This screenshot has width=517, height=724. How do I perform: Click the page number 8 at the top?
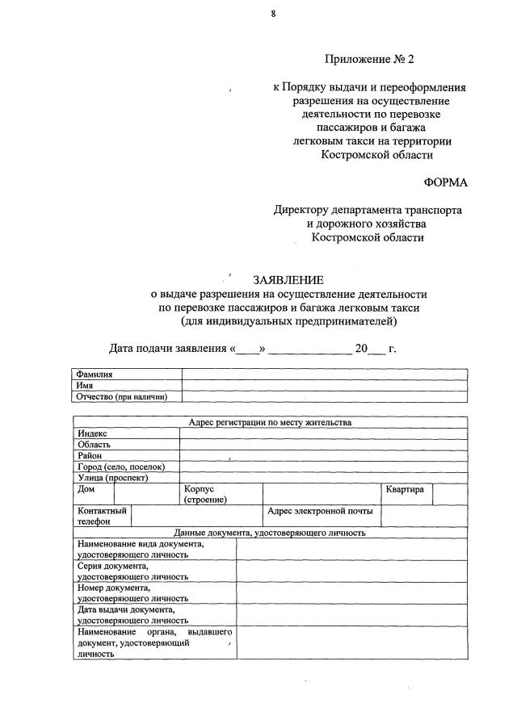[x=274, y=14]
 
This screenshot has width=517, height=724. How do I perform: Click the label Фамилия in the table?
[x=95, y=375]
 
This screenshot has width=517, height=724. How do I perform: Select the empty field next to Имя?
[x=324, y=386]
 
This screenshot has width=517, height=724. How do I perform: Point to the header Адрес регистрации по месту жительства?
[x=270, y=422]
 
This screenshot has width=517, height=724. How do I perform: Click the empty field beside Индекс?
[x=323, y=433]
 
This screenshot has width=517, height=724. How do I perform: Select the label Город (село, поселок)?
[x=121, y=467]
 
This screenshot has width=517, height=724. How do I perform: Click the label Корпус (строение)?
[x=205, y=495]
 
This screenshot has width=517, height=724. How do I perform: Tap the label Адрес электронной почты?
[x=320, y=512]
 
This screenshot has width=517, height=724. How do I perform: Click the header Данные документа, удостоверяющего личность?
[x=270, y=533]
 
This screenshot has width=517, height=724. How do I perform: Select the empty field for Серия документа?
[x=351, y=571]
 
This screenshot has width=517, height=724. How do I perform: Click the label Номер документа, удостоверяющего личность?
[x=133, y=593]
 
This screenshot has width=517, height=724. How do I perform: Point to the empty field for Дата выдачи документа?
[x=351, y=616]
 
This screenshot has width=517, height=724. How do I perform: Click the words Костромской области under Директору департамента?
[x=368, y=237]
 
